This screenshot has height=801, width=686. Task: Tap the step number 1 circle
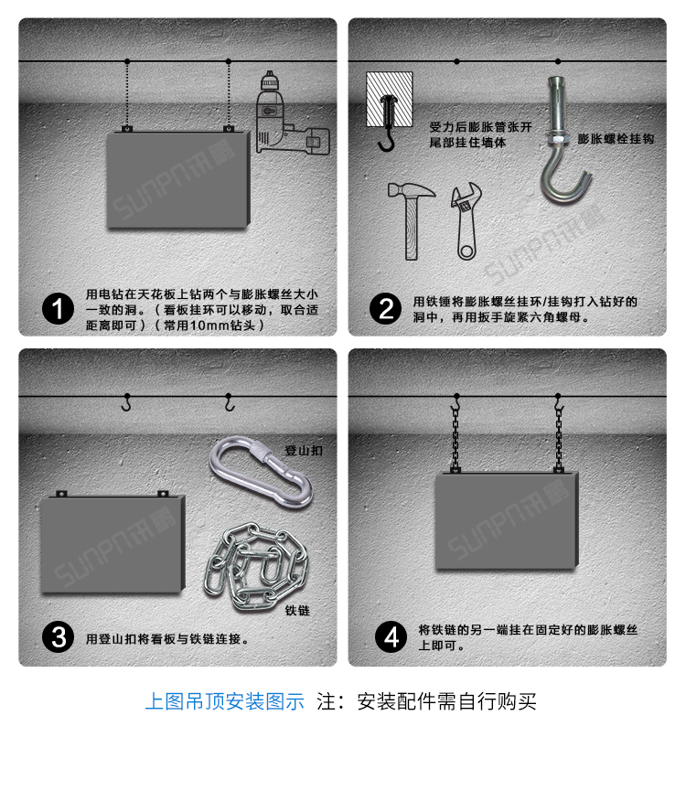pos(59,309)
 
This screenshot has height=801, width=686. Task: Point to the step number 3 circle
pos(59,636)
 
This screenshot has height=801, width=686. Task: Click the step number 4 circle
pos(392,636)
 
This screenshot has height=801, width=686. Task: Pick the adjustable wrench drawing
pos(465,224)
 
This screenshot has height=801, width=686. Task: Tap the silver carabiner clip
pos(262,472)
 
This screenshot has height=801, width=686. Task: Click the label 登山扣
pos(303,451)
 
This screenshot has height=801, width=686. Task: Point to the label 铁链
pos(297,610)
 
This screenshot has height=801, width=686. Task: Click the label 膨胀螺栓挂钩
pos(616,139)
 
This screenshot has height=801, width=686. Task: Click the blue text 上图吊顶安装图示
pos(224,701)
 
